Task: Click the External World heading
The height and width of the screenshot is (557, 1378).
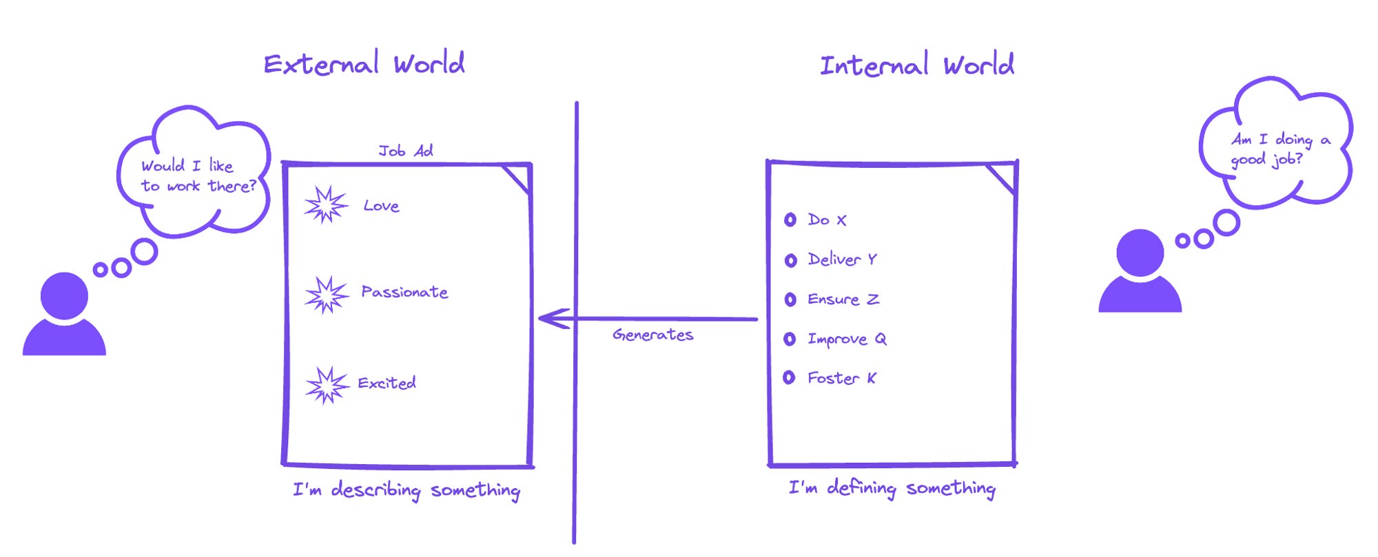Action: (364, 64)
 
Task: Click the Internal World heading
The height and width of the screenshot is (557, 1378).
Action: (916, 65)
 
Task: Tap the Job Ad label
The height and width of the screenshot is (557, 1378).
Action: (405, 151)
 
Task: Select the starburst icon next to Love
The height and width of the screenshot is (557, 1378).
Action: (326, 204)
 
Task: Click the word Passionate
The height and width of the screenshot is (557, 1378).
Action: (404, 292)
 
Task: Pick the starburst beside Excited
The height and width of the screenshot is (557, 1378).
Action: (327, 384)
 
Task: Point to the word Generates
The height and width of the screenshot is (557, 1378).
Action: (652, 335)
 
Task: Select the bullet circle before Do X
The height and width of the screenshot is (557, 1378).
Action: (790, 220)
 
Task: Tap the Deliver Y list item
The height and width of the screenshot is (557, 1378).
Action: (842, 260)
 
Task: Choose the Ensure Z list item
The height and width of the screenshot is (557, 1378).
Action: (843, 299)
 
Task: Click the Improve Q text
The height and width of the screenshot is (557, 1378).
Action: (847, 339)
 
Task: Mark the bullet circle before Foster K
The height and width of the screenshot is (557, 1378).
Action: (790, 377)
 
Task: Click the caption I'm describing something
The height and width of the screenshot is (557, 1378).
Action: (407, 490)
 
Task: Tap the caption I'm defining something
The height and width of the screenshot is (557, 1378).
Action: (892, 488)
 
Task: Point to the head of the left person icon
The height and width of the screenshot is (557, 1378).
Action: (64, 295)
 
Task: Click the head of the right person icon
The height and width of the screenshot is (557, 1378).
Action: (1140, 253)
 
